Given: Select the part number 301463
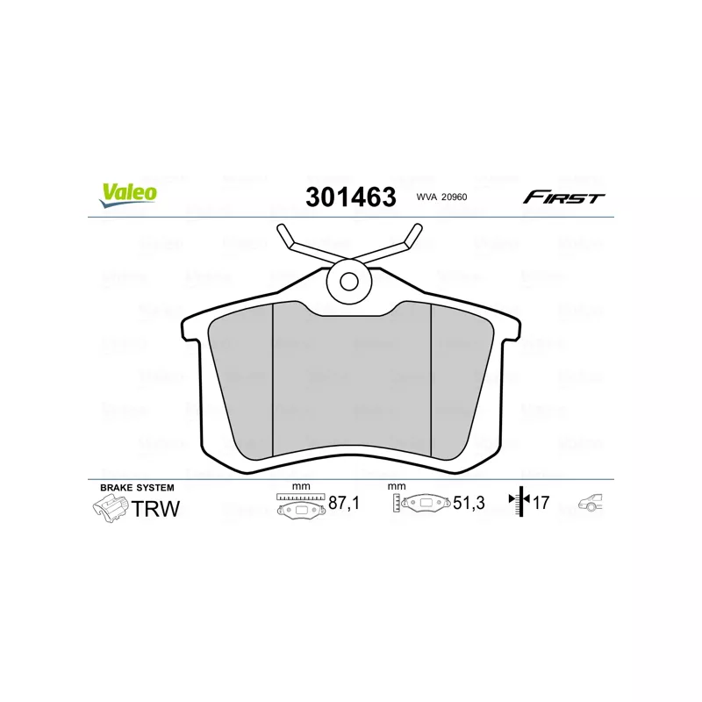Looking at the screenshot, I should pyautogui.click(x=350, y=197).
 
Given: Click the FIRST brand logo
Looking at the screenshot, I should pyautogui.click(x=563, y=197).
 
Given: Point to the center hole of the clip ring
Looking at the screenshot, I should pyautogui.click(x=349, y=283).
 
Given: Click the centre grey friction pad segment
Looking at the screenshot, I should pyautogui.click(x=351, y=386).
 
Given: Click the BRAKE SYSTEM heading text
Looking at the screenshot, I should pyautogui.click(x=137, y=487).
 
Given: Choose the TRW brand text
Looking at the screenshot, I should pyautogui.click(x=155, y=507).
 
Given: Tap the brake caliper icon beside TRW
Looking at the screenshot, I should pyautogui.click(x=109, y=507).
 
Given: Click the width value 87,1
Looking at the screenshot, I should pyautogui.click(x=342, y=504).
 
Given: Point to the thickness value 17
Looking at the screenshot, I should pyautogui.click(x=541, y=504).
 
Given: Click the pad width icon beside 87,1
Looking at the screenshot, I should pyautogui.click(x=300, y=505).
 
